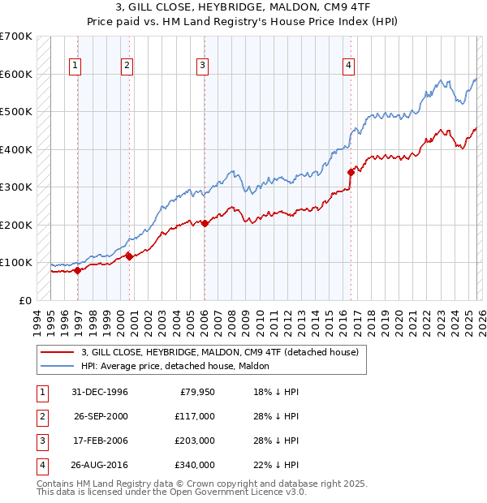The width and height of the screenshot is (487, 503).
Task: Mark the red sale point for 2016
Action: (351, 172)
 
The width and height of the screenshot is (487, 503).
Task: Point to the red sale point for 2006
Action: (205, 223)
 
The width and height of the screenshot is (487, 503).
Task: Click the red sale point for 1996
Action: (78, 270)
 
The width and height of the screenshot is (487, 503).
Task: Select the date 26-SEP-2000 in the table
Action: (101, 416)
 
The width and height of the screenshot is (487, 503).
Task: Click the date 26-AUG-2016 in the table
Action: (101, 465)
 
